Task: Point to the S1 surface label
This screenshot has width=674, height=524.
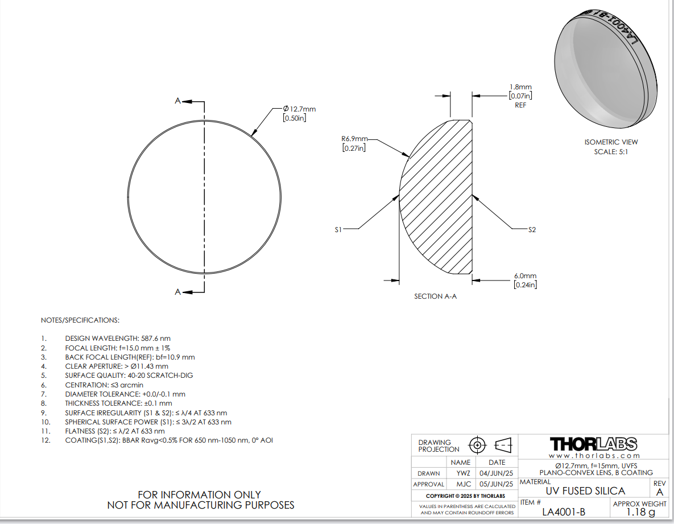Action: (x=338, y=229)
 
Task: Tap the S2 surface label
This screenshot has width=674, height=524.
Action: (x=532, y=229)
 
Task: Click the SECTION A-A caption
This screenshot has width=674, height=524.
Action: (x=436, y=296)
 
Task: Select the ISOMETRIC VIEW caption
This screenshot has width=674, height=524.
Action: (x=611, y=142)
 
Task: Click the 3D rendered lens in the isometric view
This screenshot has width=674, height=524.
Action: (x=606, y=69)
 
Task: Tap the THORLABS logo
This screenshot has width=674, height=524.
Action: (x=594, y=444)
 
